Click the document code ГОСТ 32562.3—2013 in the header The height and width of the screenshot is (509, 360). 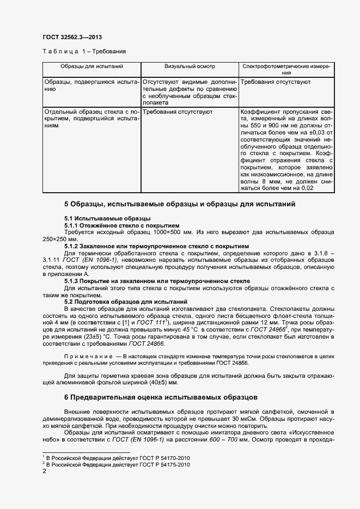[x=72, y=37]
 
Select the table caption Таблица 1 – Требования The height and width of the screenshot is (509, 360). [x=84, y=52]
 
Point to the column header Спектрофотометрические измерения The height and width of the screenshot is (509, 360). [x=285, y=69]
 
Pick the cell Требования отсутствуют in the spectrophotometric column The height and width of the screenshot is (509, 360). [x=275, y=82]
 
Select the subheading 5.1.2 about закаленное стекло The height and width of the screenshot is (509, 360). [x=156, y=246]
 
